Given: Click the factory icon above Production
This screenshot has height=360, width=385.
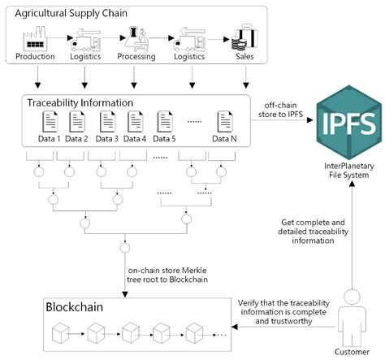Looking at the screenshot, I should (x=35, y=40).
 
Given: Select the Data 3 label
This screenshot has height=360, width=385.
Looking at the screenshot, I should (x=109, y=138).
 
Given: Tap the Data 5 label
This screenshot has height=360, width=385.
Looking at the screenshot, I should (x=169, y=138).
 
